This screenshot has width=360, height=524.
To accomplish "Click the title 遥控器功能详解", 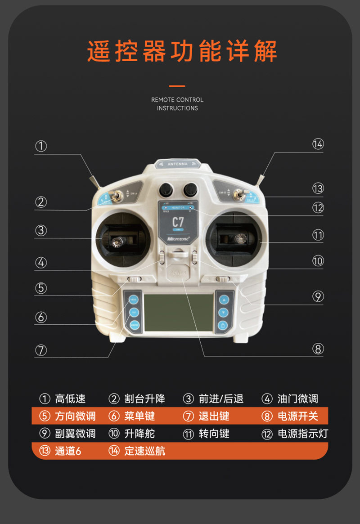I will [182, 52].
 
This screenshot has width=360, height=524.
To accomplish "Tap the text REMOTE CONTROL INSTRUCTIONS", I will [177, 104].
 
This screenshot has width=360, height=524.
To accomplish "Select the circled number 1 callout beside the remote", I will [41, 146].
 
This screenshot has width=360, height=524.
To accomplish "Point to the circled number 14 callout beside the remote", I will [318, 144].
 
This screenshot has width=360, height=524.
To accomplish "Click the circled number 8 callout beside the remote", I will [318, 349].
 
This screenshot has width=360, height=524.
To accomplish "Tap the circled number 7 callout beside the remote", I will [41, 350].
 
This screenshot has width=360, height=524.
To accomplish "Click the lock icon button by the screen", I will [222, 325].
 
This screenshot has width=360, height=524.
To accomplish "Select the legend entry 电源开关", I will [297, 417].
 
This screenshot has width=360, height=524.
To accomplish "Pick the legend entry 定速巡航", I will [144, 451].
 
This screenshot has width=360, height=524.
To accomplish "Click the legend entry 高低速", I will [70, 399].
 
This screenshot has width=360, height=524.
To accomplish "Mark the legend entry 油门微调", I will [297, 399].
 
